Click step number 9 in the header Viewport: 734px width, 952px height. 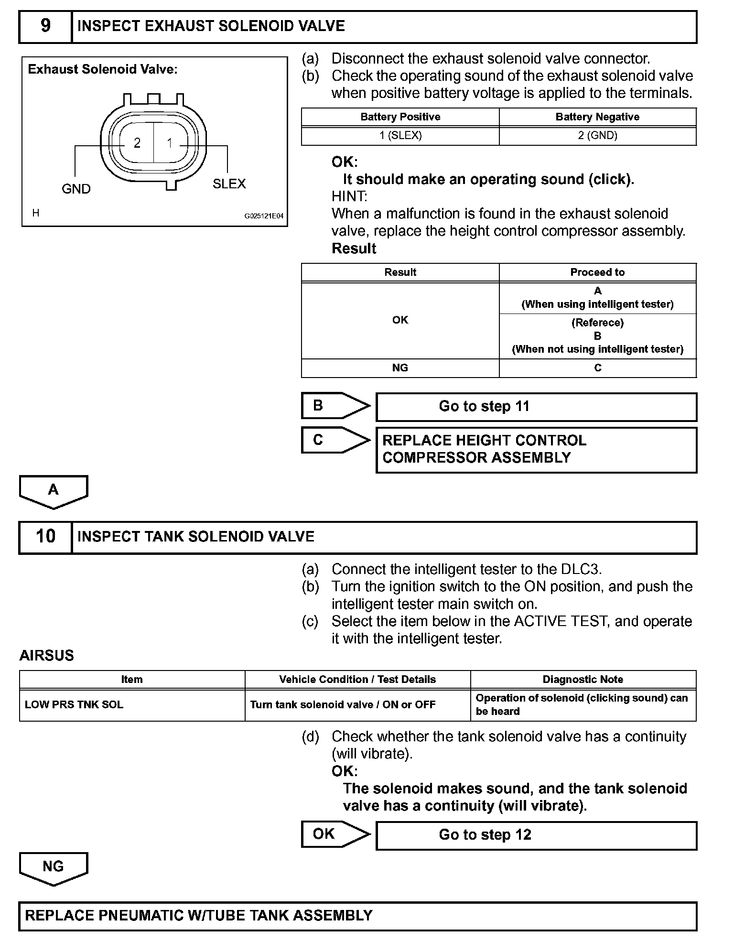tap(45, 26)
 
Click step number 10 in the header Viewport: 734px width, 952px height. tap(45, 537)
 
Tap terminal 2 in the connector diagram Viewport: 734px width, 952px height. tap(137, 143)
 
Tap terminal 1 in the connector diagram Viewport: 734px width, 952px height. tap(169, 143)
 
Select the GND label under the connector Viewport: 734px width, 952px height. tap(76, 189)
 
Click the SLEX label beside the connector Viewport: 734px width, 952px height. tap(229, 184)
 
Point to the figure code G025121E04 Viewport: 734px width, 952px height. tap(264, 216)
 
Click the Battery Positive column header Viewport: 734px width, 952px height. tap(400, 117)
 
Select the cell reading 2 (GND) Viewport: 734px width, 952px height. tap(597, 136)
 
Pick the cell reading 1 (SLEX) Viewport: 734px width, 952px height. tap(400, 136)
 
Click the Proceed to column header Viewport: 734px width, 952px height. tap(597, 272)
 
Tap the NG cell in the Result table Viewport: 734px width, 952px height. tap(400, 368)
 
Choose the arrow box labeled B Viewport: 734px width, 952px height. tap(335, 406)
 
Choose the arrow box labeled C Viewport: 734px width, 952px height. tap(335, 440)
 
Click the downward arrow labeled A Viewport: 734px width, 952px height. tap(54, 491)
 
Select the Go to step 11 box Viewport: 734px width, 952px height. tap(536, 407)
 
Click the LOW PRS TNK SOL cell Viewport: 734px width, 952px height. tap(74, 705)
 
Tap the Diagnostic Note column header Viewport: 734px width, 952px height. tap(583, 680)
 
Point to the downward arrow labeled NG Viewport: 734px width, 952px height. tap(54, 867)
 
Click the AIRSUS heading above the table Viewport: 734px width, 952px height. tap(47, 656)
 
